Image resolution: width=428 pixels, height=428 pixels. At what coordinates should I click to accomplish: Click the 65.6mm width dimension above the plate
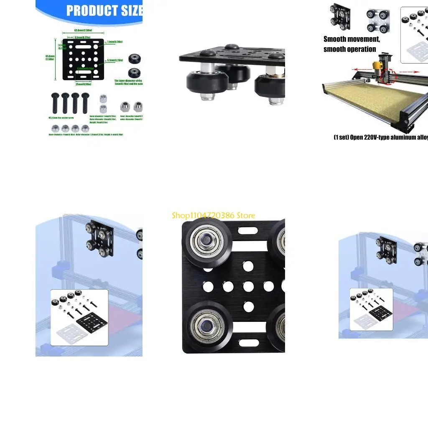click(83, 31)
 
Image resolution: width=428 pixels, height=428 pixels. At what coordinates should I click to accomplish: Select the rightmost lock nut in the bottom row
click(85, 128)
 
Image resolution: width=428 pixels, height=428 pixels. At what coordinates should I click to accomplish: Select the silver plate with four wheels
click(378, 20)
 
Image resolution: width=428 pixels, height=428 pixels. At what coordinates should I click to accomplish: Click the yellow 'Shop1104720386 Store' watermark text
click(213, 215)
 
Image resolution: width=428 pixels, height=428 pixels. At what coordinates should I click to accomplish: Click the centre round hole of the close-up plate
click(249, 286)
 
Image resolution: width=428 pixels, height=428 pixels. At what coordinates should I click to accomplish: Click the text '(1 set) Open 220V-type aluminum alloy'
click(380, 138)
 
